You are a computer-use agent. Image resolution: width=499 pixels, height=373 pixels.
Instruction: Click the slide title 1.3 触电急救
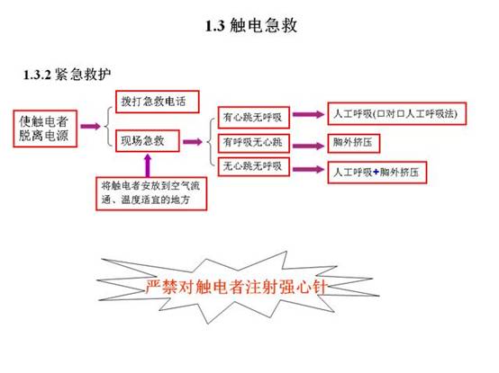[251, 25]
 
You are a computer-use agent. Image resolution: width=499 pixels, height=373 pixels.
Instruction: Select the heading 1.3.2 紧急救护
[68, 75]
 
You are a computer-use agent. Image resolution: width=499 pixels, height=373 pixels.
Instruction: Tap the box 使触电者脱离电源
[45, 129]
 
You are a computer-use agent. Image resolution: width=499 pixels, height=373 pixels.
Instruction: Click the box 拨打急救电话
[158, 102]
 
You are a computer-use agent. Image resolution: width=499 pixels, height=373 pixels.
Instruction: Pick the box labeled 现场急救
[148, 141]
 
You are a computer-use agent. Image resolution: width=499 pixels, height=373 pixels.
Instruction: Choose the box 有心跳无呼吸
[254, 118]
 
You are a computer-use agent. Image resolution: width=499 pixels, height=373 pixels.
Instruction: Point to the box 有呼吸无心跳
[254, 143]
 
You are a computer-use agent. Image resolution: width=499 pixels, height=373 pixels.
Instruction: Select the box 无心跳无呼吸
[254, 166]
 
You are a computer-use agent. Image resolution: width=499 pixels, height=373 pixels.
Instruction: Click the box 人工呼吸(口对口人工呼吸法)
[397, 113]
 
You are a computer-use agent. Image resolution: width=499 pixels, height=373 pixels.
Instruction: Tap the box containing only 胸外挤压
[354, 143]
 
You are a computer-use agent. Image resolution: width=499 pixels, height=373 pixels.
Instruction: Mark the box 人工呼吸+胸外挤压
[377, 173]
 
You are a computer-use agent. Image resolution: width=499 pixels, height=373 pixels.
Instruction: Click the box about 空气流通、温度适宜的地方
[151, 193]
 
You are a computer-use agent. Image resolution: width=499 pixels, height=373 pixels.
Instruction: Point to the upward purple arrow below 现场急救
[148, 165]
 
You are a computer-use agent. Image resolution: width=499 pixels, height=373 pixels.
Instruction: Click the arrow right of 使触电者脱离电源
[90, 127]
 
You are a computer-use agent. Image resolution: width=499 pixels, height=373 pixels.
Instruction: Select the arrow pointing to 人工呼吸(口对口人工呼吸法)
[308, 114]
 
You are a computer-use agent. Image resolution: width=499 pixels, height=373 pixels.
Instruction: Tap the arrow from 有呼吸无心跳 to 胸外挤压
[308, 146]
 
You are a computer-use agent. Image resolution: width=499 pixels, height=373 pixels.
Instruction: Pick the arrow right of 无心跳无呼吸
[308, 169]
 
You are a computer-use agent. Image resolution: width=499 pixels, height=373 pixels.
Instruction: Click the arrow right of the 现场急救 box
[193, 142]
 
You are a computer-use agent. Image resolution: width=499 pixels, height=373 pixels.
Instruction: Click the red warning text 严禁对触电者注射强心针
[236, 288]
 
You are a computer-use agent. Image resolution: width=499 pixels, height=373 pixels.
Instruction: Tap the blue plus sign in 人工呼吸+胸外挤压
[376, 172]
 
